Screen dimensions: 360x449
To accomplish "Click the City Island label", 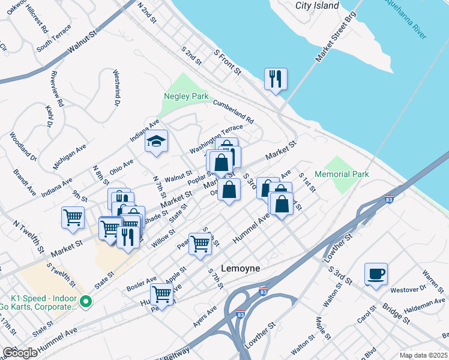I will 317,6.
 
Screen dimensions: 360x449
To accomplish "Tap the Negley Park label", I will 186,97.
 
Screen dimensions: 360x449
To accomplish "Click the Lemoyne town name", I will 241,268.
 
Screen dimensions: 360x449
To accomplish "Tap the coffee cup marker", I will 376,275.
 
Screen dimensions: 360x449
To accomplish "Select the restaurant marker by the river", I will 276,79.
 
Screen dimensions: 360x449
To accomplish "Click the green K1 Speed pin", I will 85,301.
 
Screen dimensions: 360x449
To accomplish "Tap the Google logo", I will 20,353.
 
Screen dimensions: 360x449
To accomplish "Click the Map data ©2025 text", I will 423,355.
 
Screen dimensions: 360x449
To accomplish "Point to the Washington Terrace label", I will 216,139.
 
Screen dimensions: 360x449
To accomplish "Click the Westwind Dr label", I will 117,89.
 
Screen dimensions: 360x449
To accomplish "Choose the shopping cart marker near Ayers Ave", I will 161,295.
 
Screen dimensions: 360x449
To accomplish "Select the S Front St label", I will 228,62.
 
